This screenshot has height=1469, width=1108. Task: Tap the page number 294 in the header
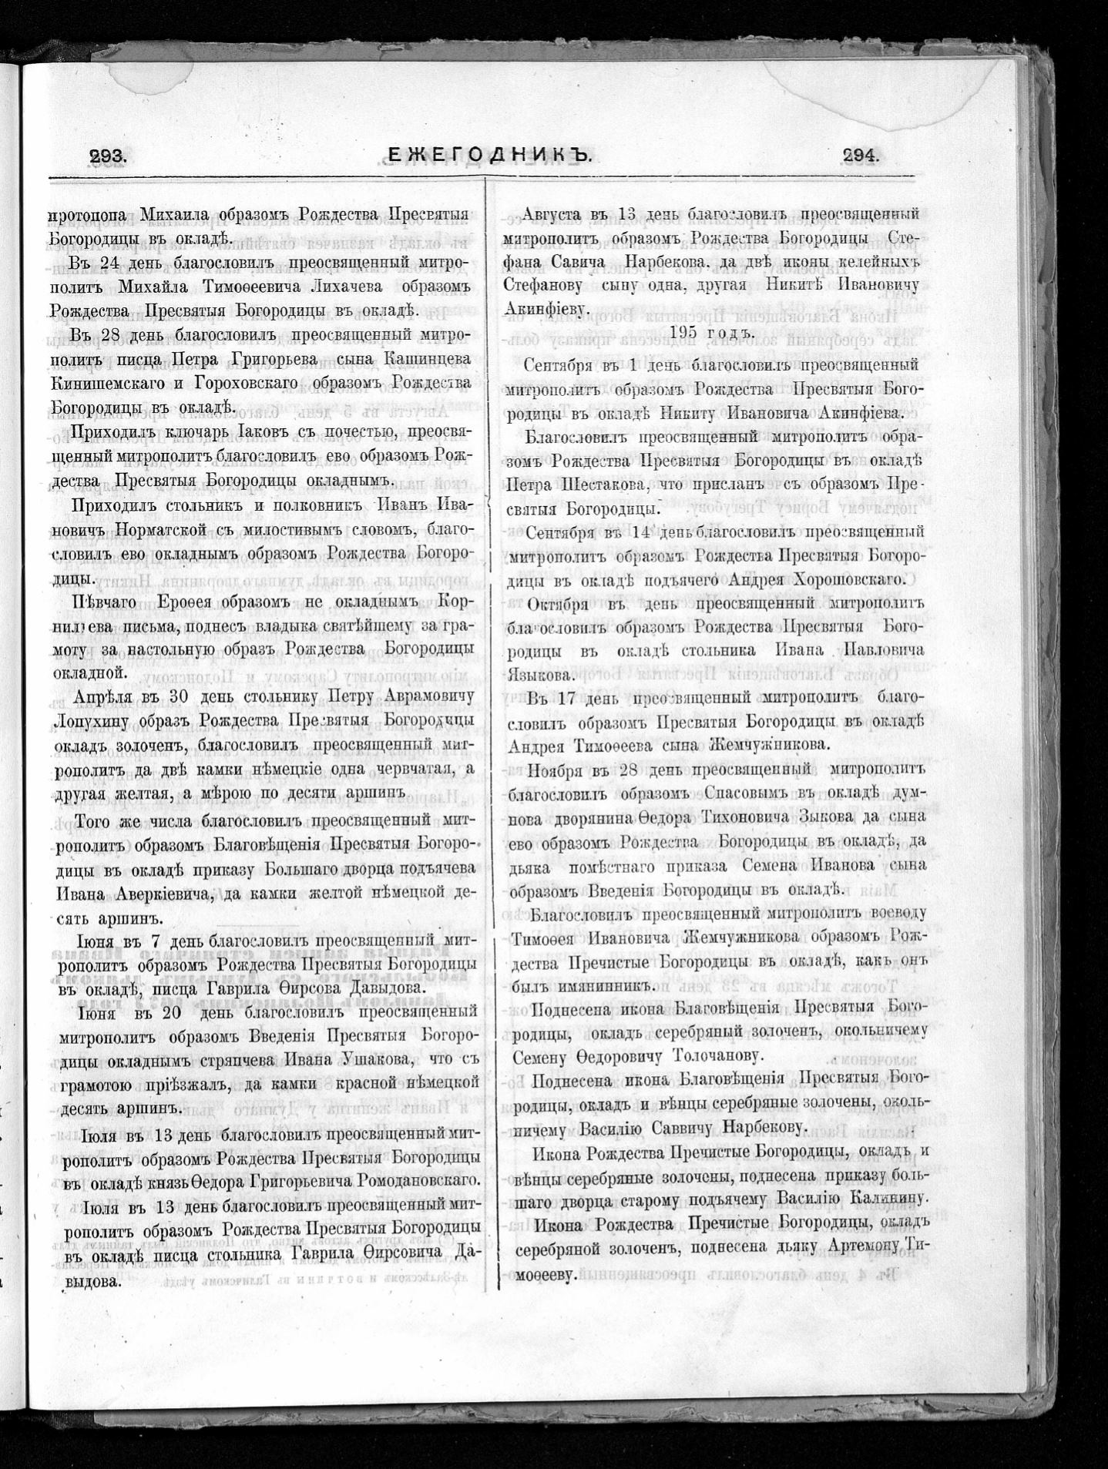click(x=861, y=155)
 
